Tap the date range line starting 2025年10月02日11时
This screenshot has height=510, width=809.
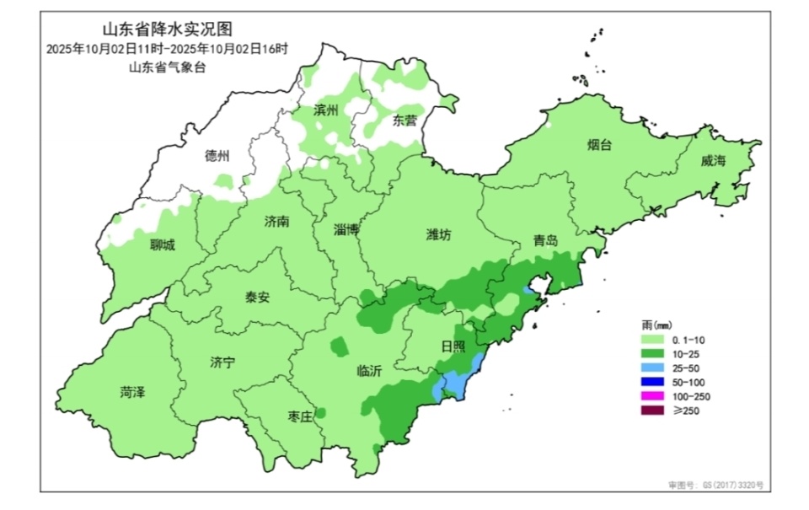[167, 50]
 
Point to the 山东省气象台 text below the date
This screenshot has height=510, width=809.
[167, 68]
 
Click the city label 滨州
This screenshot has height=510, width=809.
[325, 111]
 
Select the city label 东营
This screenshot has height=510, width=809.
[404, 120]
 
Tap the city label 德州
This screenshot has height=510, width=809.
[217, 156]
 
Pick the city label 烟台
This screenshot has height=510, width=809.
[600, 145]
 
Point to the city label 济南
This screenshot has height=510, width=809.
[276, 222]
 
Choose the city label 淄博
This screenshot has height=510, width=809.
[346, 229]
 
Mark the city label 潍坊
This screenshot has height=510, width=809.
[438, 236]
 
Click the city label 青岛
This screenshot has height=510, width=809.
[545, 241]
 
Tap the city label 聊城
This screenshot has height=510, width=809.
[163, 245]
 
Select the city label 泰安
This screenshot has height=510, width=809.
[258, 297]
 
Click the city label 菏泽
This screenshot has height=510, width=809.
[132, 392]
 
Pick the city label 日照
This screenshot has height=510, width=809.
[453, 346]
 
